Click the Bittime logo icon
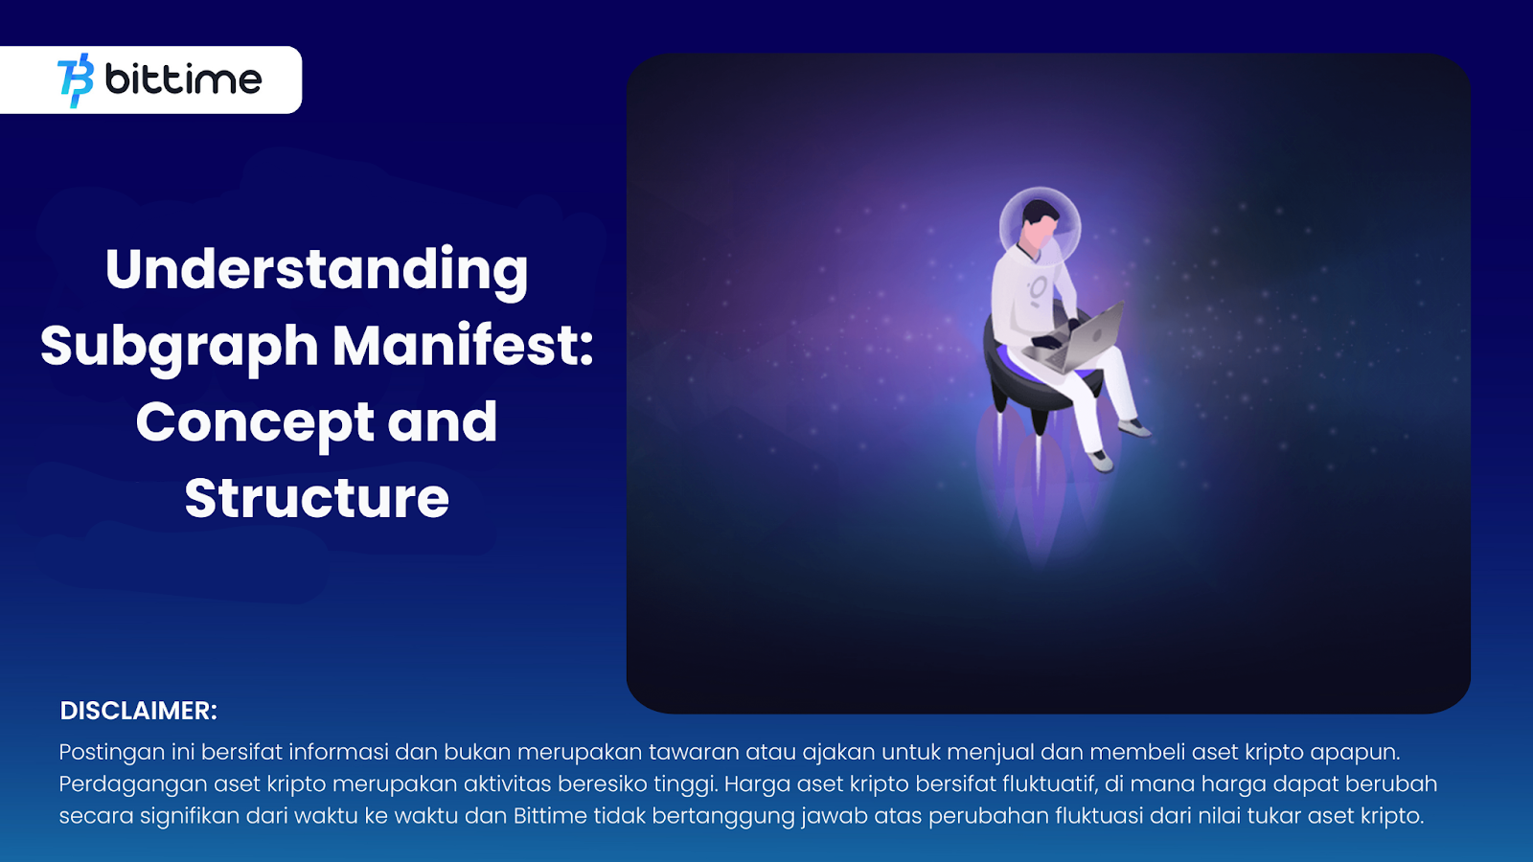pyautogui.click(x=76, y=80)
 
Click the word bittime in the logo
pyautogui.click(x=183, y=79)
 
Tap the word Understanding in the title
pyautogui.click(x=317, y=271)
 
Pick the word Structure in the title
pyautogui.click(x=317, y=498)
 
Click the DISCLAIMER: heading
pyautogui.click(x=138, y=711)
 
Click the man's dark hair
pyautogui.click(x=1040, y=212)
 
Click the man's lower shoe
pyautogui.click(x=1101, y=462)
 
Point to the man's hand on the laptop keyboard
pyautogui.click(x=1047, y=341)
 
